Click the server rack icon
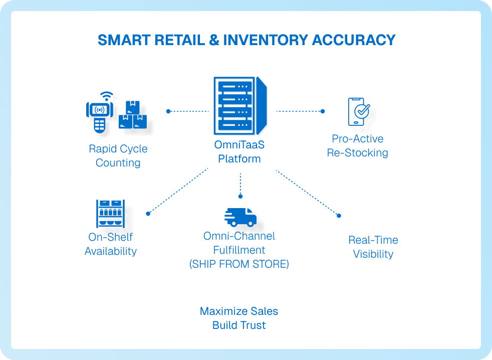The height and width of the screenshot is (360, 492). [240, 105]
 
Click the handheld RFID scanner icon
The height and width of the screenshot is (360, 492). [99, 113]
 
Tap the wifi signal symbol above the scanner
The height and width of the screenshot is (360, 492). [106, 96]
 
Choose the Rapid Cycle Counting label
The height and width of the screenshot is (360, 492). [118, 156]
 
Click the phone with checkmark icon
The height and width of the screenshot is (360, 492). [359, 111]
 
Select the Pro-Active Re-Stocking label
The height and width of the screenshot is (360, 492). [358, 146]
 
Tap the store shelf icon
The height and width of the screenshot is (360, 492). [110, 214]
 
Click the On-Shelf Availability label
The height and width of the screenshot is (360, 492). [111, 244]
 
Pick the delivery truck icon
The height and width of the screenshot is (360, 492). [240, 217]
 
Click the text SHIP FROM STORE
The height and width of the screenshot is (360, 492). [239, 264]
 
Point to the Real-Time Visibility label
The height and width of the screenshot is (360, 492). [373, 247]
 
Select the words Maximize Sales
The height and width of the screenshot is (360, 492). [239, 311]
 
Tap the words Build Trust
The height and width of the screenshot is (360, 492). [239, 325]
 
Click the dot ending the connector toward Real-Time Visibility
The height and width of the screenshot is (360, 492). [339, 216]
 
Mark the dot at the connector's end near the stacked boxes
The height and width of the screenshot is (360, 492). [168, 111]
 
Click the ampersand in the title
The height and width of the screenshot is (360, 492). [214, 40]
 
